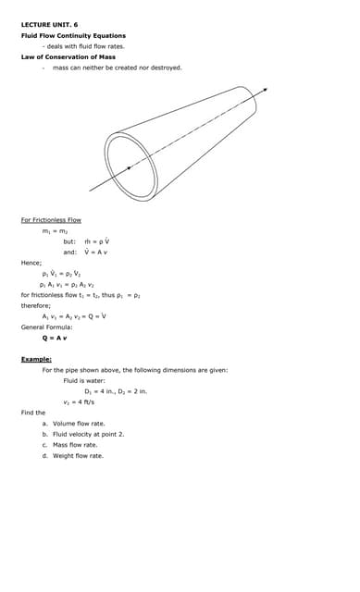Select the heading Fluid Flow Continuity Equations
point(73,35)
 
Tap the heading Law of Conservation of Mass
point(68,56)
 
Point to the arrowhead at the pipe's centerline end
point(265,90)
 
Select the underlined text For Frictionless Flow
point(51,219)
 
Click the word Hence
point(31,263)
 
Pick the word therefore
point(36,305)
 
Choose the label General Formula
point(46,327)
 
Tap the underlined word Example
point(36,358)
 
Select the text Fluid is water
point(84,380)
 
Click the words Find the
point(33,413)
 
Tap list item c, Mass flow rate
point(75,445)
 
